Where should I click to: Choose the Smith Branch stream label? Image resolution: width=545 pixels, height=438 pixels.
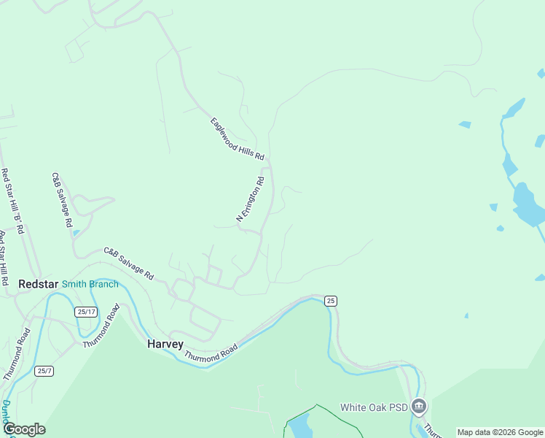tap(90, 284)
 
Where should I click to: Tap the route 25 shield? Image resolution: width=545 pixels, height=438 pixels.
tap(331, 301)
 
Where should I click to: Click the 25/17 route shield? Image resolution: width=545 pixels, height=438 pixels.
tap(85, 312)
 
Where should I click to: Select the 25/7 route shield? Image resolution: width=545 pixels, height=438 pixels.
tap(44, 371)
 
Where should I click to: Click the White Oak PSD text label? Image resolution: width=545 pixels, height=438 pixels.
tap(373, 407)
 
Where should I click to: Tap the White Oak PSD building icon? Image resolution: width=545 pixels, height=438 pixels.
tap(418, 406)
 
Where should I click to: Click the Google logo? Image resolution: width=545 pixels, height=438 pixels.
tap(24, 429)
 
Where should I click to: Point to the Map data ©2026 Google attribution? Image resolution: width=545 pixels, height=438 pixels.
tap(500, 432)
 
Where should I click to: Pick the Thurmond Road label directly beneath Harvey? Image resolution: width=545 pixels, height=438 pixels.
tap(211, 354)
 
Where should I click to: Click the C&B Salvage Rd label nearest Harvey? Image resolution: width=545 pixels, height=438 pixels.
tap(128, 264)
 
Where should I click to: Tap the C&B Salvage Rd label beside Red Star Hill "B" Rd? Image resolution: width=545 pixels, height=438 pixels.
tap(61, 199)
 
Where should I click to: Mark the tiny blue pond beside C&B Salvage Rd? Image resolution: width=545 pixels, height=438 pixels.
tap(76, 234)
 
